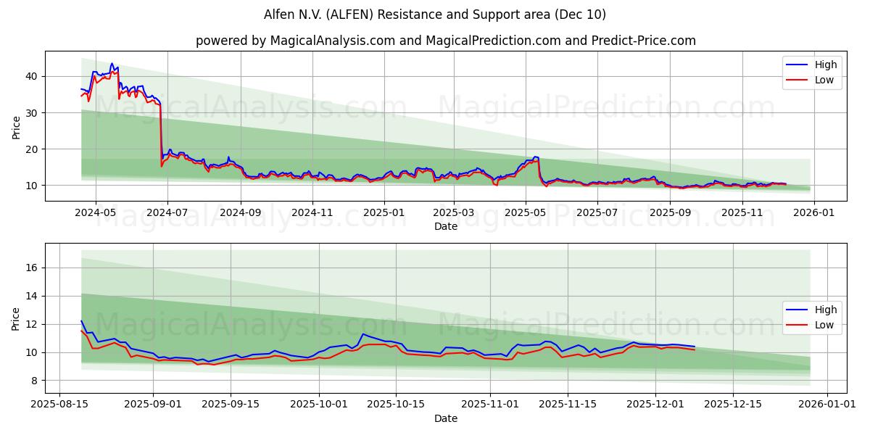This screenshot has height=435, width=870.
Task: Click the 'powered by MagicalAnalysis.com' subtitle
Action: point(445,41)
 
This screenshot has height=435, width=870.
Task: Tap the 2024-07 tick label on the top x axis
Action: point(167,213)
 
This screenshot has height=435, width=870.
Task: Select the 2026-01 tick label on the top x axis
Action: point(814,213)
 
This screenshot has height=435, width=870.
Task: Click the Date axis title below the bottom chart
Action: point(445,418)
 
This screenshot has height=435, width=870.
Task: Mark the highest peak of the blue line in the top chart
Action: point(112,64)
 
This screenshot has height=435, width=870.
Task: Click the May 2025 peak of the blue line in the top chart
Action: point(536,157)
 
